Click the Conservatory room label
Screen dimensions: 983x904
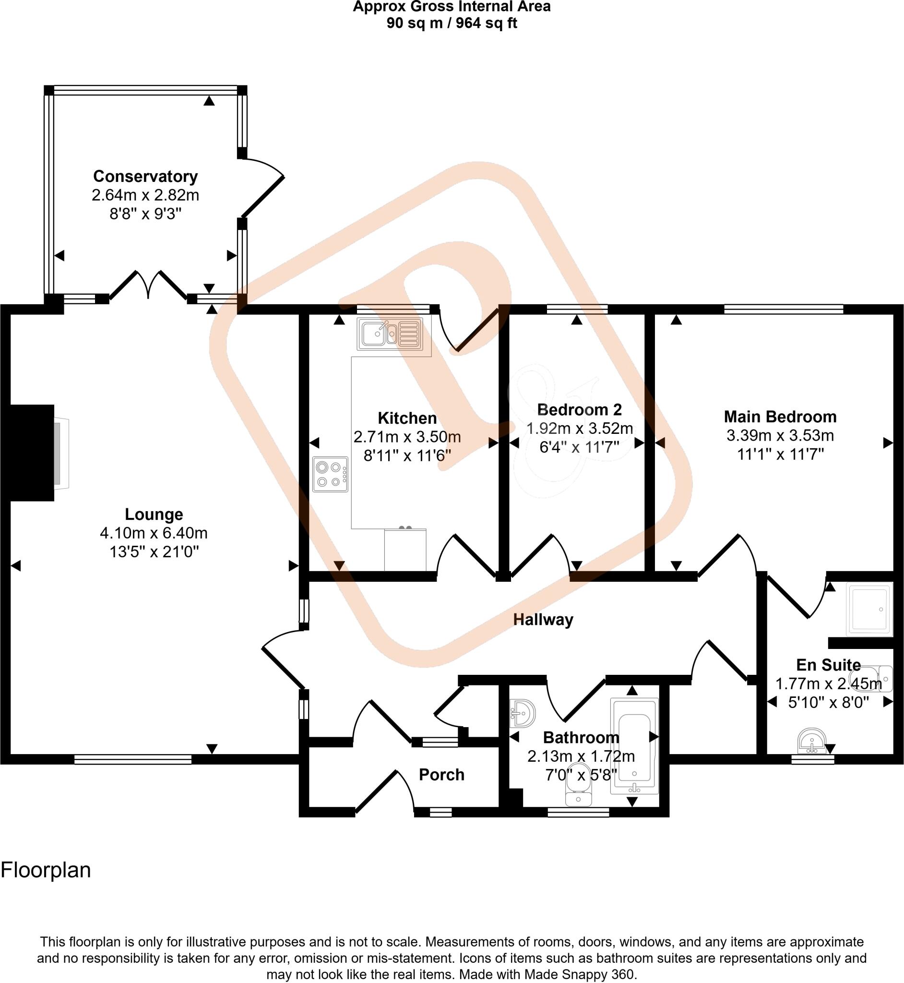(x=145, y=176)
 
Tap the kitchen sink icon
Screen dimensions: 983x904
(x=390, y=334)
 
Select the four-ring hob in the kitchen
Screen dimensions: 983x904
(x=331, y=474)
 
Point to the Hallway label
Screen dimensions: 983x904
(x=543, y=620)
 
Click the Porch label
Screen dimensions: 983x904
(x=441, y=775)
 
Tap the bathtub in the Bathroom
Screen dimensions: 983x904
(x=634, y=745)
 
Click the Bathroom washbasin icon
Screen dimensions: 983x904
(x=522, y=714)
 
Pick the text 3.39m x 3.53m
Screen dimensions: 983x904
(x=780, y=435)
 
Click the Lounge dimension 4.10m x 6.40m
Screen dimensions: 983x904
(x=154, y=533)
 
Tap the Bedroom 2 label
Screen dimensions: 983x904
(x=579, y=409)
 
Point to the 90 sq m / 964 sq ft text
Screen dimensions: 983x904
(x=452, y=23)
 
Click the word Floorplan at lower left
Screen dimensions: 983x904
(x=46, y=871)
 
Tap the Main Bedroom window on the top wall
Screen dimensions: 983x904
(x=783, y=309)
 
